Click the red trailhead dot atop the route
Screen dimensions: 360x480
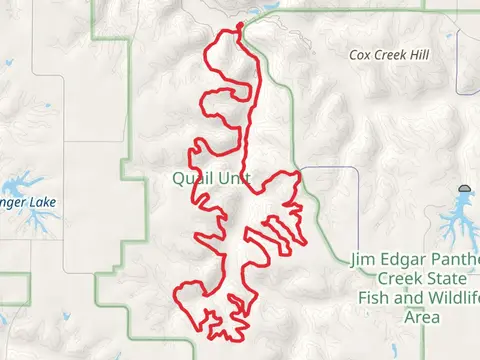239,27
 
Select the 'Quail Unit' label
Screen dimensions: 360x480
210,179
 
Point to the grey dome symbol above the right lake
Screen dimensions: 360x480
465,189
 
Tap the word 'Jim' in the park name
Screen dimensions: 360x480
364,260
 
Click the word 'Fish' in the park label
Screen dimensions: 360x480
374,298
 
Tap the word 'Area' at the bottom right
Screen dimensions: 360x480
421,317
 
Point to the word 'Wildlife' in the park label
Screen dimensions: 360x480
451,298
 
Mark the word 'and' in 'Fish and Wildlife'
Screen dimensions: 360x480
408,298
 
